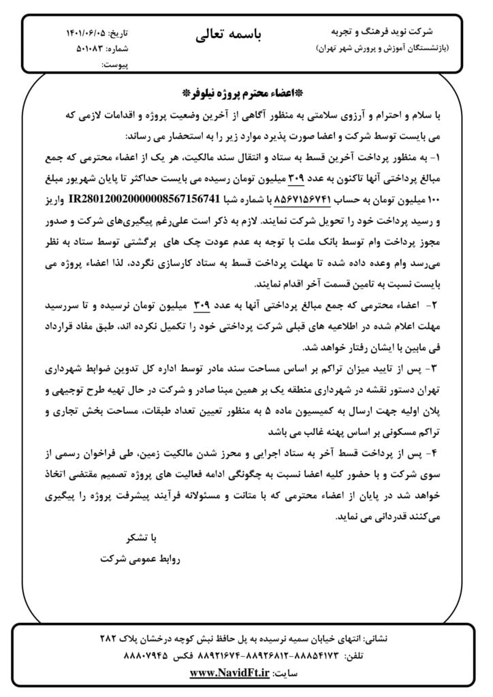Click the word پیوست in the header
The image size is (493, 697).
115,65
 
